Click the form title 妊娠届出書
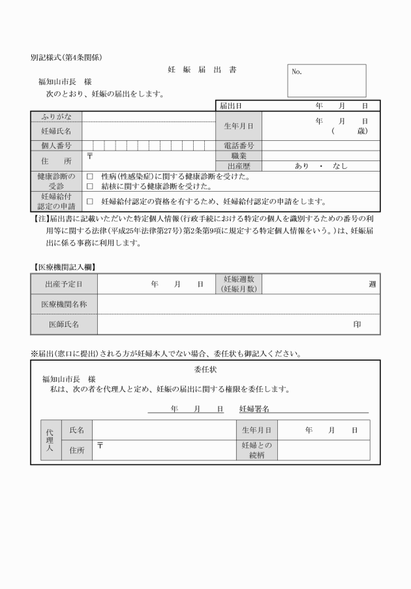click(x=202, y=70)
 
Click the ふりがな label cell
click(x=57, y=117)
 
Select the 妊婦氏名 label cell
click(x=57, y=131)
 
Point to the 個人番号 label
click(x=57, y=145)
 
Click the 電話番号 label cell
click(x=239, y=145)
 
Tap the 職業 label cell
click(x=239, y=156)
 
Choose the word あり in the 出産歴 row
click(x=301, y=166)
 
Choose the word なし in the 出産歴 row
click(x=340, y=166)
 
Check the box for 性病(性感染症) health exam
click(x=89, y=177)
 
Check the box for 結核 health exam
click(x=89, y=187)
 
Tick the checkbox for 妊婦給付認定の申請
click(x=89, y=202)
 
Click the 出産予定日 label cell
click(x=64, y=284)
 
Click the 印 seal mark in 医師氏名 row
click(x=357, y=324)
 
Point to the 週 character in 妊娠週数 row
click(x=372, y=284)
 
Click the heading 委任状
click(x=205, y=369)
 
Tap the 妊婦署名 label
click(x=254, y=408)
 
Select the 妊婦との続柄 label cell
click(x=256, y=450)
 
